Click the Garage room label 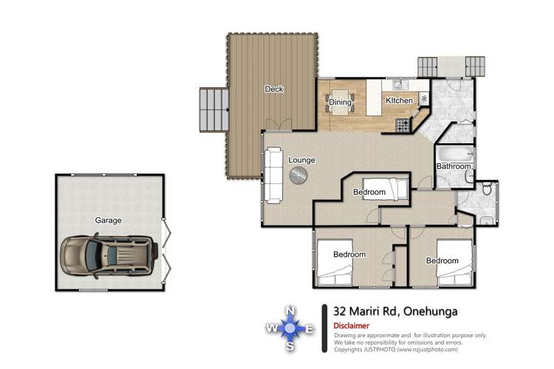click(x=108, y=221)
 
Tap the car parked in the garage click(x=109, y=255)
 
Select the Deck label click(x=274, y=89)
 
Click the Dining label click(x=341, y=102)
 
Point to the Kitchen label click(x=399, y=100)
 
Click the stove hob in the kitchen click(x=403, y=125)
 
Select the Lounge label click(x=301, y=160)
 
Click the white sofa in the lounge click(x=273, y=176)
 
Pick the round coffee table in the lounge click(x=298, y=175)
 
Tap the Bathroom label click(x=454, y=166)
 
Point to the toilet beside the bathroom click(x=487, y=189)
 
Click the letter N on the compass click(x=290, y=311)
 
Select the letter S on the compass click(x=290, y=347)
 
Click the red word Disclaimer click(x=351, y=325)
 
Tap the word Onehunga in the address click(x=431, y=311)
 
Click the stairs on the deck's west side click(x=214, y=110)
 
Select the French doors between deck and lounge click(x=278, y=124)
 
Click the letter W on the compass click(x=271, y=328)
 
